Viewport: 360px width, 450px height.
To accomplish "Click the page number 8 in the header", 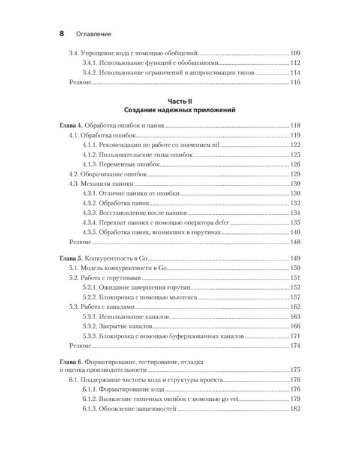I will (61, 34).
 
